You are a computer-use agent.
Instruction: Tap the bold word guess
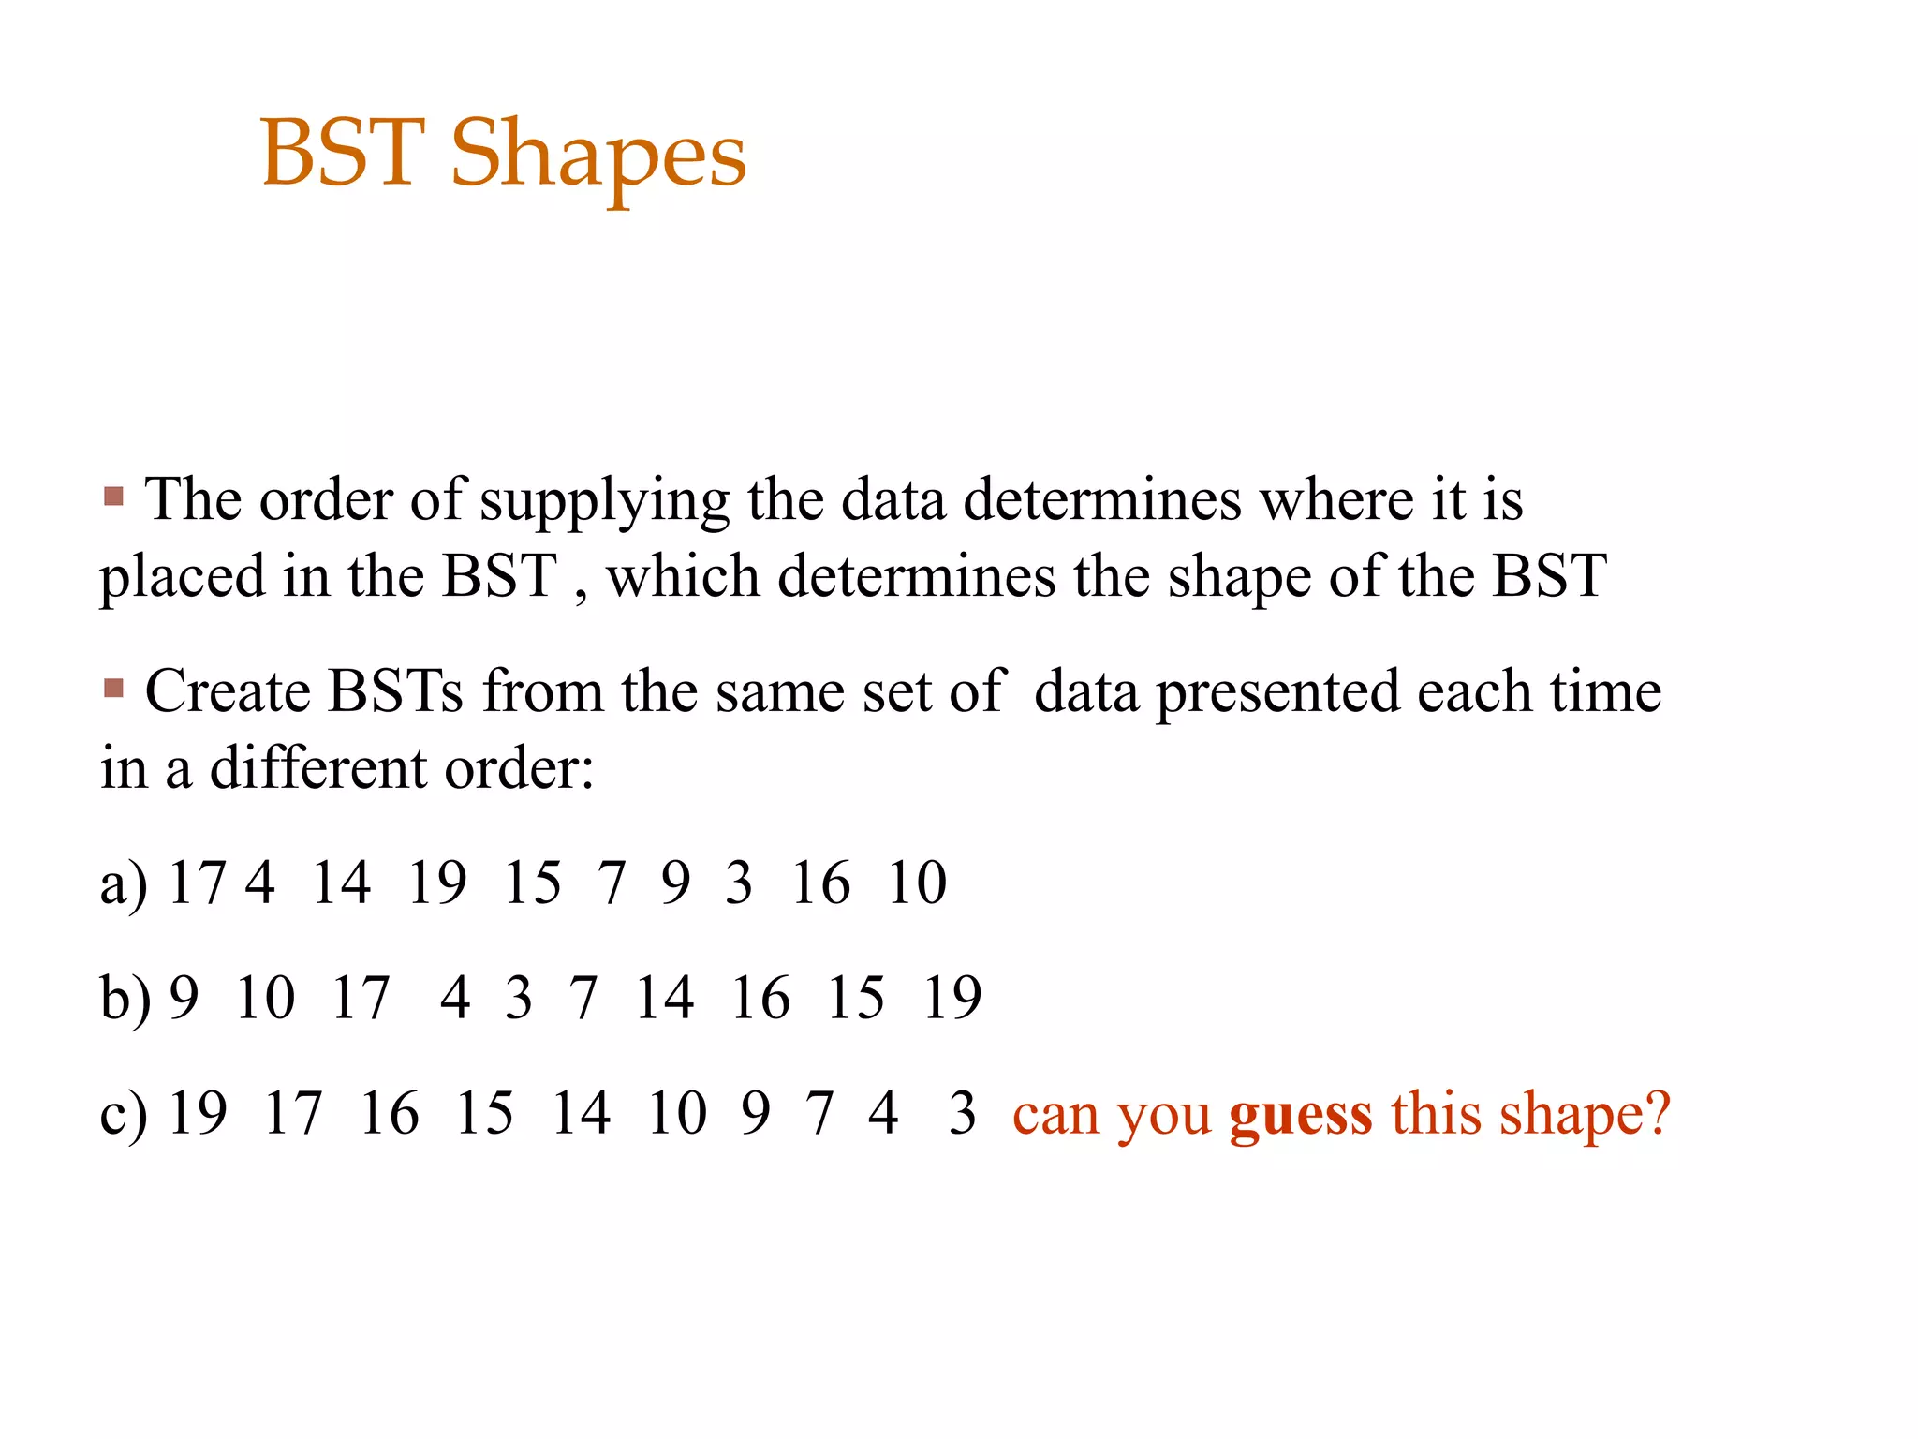pyautogui.click(x=1301, y=1115)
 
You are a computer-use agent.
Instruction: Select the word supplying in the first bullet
pyautogui.click(x=604, y=501)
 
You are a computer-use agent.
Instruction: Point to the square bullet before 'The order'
pyautogui.click(x=114, y=496)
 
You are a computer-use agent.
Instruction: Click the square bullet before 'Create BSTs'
pyautogui.click(x=114, y=690)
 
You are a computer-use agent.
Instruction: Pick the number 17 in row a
pyautogui.click(x=197, y=883)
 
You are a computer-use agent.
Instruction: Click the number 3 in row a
pyautogui.click(x=739, y=883)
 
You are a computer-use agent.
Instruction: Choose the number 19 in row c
pyautogui.click(x=197, y=1113)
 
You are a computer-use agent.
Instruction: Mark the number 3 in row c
pyautogui.click(x=962, y=1113)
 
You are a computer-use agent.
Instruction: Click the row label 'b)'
pyautogui.click(x=125, y=999)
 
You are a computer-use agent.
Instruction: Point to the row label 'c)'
pyautogui.click(x=124, y=1115)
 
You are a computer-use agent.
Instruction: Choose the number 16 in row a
pyautogui.click(x=820, y=883)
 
